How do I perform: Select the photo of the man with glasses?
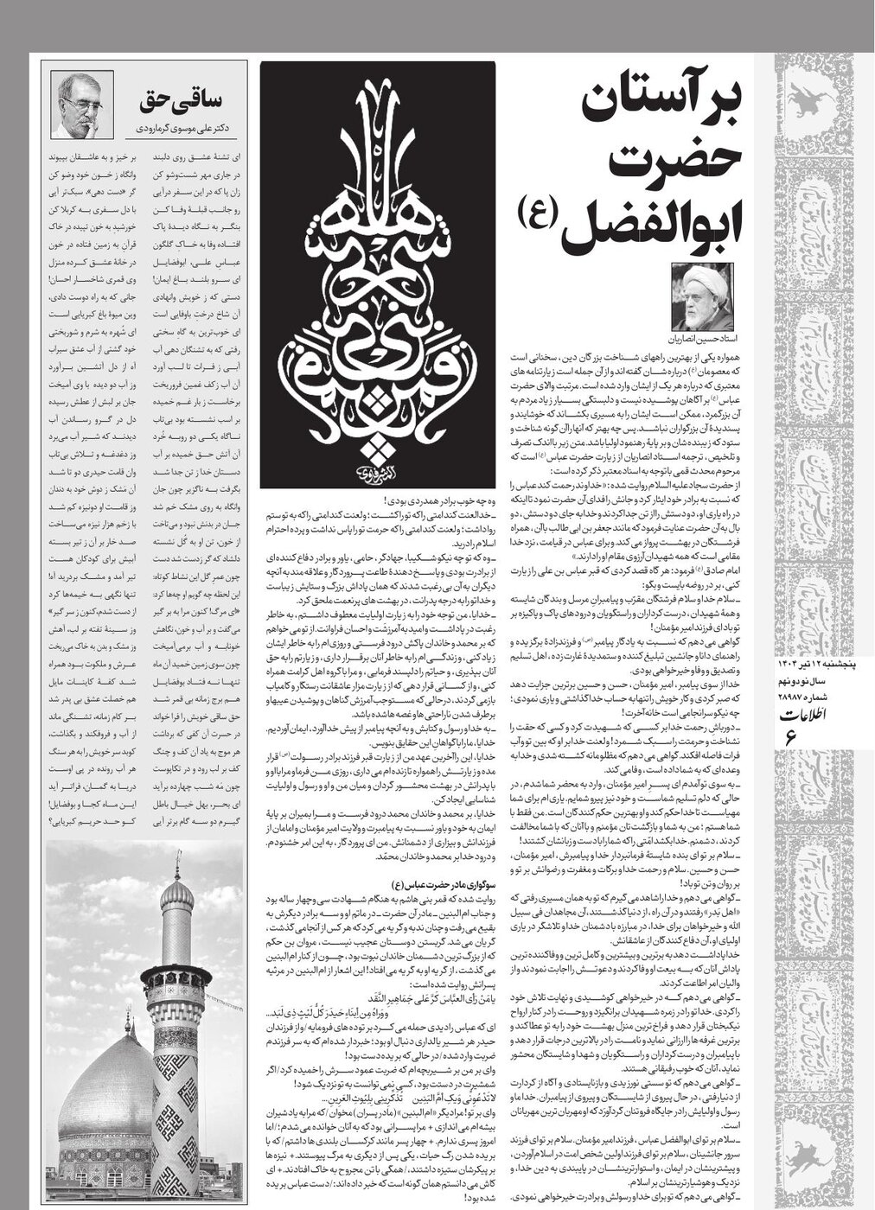click(x=82, y=105)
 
